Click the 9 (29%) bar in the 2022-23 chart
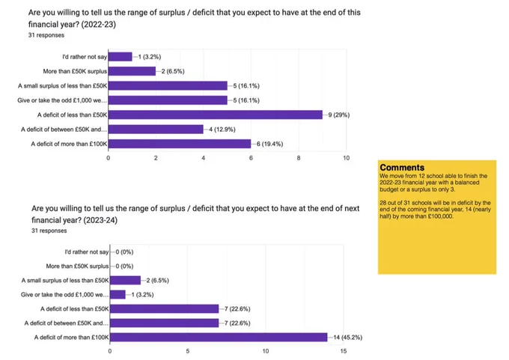(216, 115)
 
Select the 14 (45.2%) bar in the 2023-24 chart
(219, 338)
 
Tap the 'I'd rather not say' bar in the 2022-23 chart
(120, 57)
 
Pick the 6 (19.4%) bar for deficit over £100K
(180, 144)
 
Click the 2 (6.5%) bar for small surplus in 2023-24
(125, 280)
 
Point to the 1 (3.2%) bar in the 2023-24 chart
(118, 294)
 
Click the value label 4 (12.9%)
(222, 129)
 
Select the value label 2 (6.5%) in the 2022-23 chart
(173, 71)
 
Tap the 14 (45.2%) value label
(347, 338)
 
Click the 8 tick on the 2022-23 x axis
(299, 158)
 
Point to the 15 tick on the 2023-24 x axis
(344, 351)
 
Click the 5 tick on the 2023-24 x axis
(188, 351)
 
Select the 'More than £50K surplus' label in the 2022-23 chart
(75, 71)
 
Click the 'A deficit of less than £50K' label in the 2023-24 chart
(75, 308)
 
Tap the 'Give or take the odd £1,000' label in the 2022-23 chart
(62, 100)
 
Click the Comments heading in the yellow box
(402, 168)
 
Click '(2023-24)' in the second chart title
(100, 220)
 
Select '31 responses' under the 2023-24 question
(49, 231)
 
